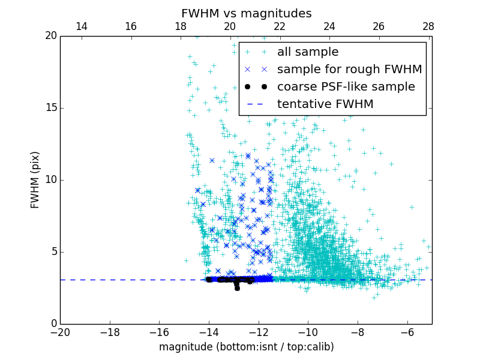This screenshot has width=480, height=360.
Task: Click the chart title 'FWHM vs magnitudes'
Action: [x=246, y=13]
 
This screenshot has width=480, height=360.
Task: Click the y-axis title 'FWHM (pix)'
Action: [x=35, y=179]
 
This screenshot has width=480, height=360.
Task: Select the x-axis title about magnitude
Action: [x=246, y=347]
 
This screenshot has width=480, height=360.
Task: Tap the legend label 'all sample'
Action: [x=308, y=52]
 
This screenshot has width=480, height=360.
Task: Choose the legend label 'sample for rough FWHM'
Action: [x=349, y=70]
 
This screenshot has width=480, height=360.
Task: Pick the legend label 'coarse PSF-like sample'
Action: [x=346, y=87]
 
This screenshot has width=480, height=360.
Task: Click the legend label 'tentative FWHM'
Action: [x=325, y=104]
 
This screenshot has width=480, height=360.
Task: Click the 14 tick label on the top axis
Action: [x=81, y=26]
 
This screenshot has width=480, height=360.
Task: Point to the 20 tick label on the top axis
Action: [x=230, y=26]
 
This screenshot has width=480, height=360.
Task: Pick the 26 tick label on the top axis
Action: [x=379, y=26]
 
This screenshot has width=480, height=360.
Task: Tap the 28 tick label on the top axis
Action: [x=428, y=26]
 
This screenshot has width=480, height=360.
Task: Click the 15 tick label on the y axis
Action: [x=50, y=108]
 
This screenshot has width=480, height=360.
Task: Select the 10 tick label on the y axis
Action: [x=50, y=180]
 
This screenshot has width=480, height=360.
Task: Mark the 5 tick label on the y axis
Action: [x=53, y=252]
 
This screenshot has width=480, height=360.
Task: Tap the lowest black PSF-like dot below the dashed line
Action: [x=237, y=288]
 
